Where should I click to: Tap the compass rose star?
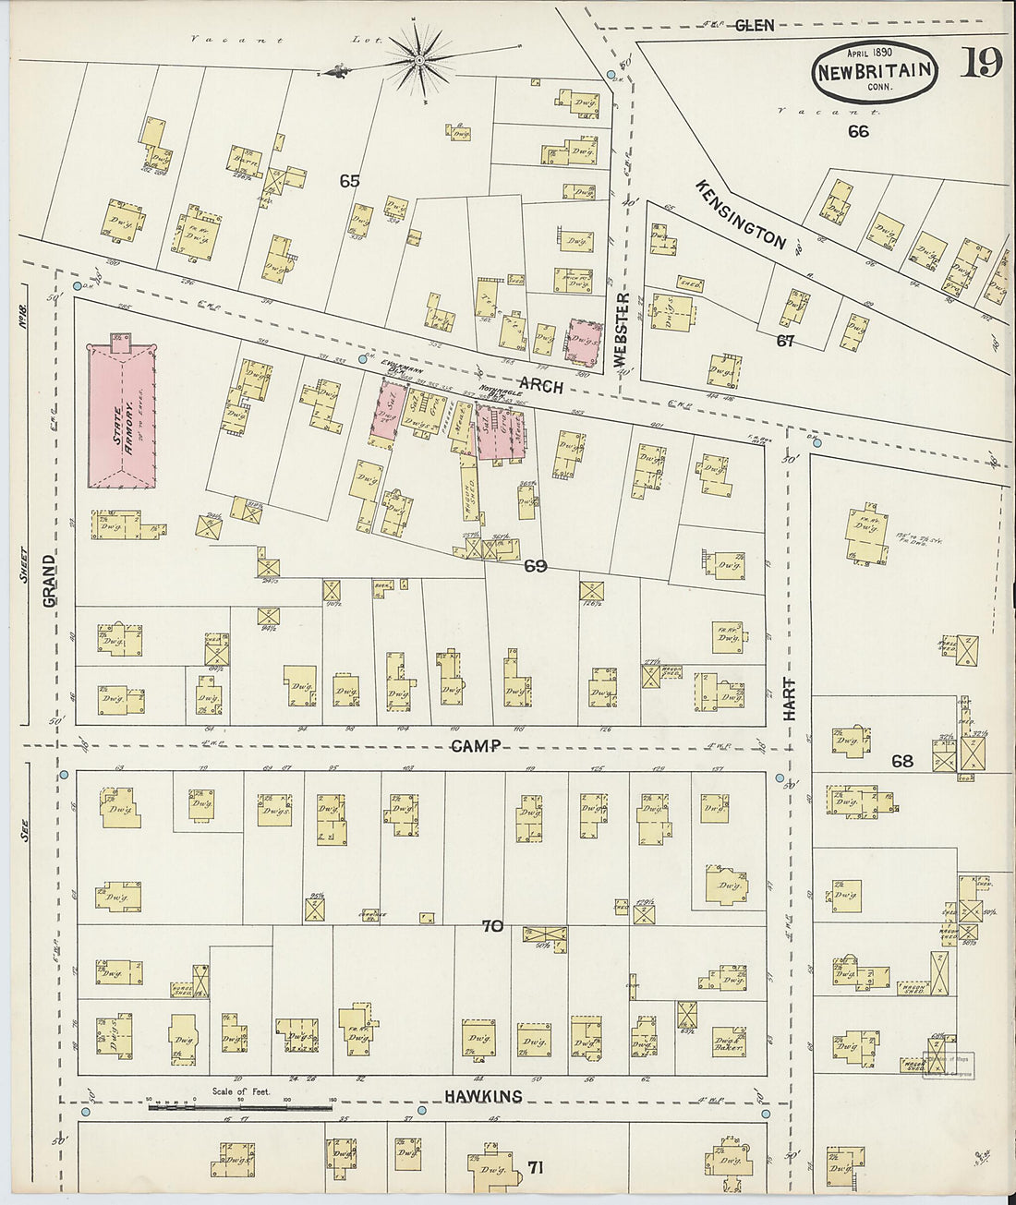[420, 61]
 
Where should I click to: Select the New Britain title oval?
[875, 72]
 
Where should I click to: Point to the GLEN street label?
[755, 26]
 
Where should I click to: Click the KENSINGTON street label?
[741, 214]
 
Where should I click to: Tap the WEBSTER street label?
[622, 328]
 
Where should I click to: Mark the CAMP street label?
[476, 746]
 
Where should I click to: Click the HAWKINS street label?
[483, 1096]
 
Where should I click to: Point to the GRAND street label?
[49, 580]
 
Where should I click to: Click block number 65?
[349, 181]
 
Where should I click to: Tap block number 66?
[858, 131]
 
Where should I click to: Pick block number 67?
[785, 341]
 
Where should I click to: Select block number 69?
[536, 566]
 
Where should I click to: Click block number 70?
[492, 924]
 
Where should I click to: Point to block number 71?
[536, 1168]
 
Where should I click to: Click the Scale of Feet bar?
[240, 1106]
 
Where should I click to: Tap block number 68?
[902, 761]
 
